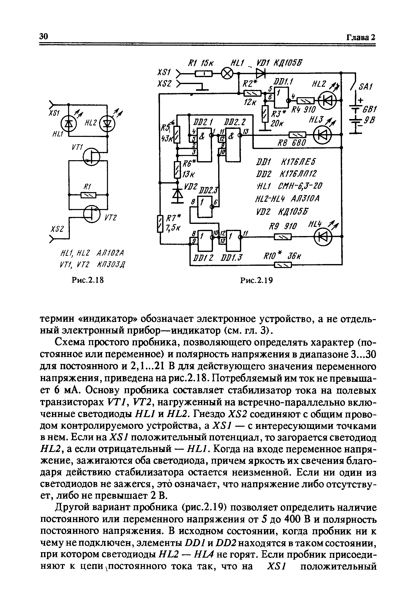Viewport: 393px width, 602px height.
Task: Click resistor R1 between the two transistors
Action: (x=88, y=195)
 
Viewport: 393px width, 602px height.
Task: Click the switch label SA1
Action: (x=364, y=87)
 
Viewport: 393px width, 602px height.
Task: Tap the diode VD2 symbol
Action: (x=178, y=194)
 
